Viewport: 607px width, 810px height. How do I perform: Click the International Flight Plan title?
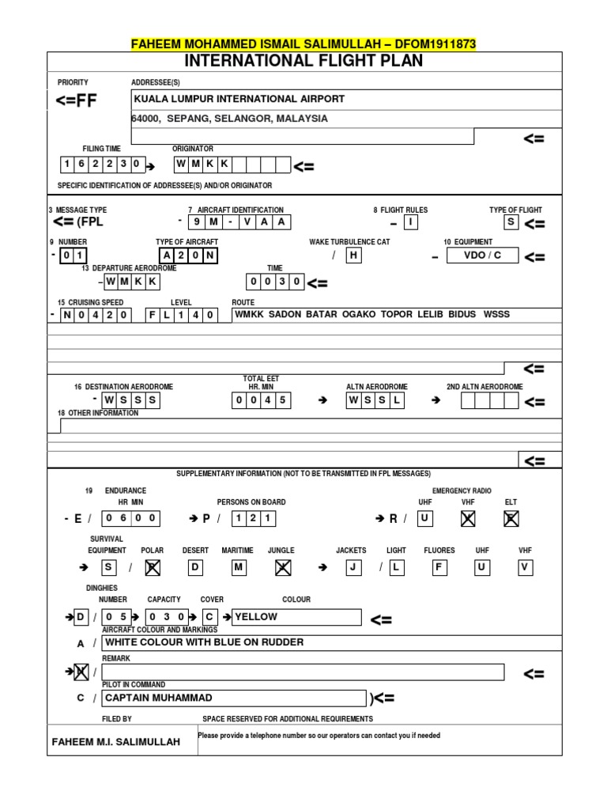303,61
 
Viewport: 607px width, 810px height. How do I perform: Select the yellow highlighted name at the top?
303,44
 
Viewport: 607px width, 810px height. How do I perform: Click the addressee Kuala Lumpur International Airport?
239,99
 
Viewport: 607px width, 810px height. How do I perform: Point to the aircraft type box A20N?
189,255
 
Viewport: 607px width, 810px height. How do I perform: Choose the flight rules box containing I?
410,222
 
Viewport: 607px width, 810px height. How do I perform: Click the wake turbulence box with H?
353,255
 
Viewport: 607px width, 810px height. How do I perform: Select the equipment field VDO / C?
484,255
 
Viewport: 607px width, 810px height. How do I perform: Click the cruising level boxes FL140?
182,314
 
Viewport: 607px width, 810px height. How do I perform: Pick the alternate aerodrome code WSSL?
375,400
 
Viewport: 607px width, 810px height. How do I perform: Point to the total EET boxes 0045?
261,400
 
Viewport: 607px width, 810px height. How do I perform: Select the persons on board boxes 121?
254,518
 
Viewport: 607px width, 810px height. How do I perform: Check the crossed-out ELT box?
511,518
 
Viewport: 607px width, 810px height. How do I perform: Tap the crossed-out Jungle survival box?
281,567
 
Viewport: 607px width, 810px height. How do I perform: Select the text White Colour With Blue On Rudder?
204,642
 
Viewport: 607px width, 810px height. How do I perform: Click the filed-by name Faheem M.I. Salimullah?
115,741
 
